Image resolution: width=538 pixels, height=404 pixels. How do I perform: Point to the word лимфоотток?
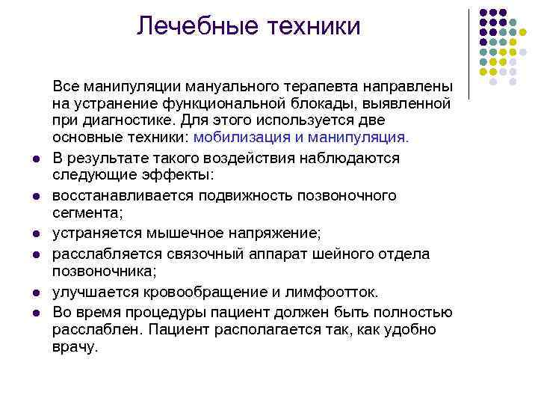pyautogui.click(x=338, y=291)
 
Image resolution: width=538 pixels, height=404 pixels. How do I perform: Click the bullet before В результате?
pyautogui.click(x=36, y=159)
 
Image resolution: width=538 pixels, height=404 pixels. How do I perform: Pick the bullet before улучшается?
pyautogui.click(x=36, y=293)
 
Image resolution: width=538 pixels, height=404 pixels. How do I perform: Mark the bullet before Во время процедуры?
pyautogui.click(x=36, y=311)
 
